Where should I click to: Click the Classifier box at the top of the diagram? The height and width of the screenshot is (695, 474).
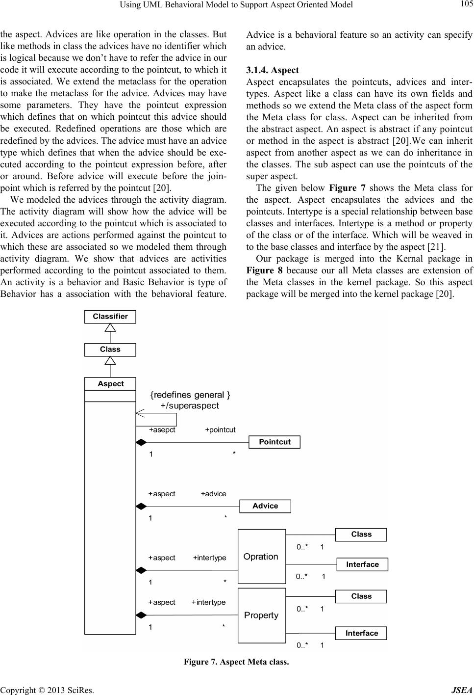[x=110, y=317]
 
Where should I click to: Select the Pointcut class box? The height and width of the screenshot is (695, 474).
[x=274, y=442]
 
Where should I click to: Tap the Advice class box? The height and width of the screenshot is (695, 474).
[x=265, y=506]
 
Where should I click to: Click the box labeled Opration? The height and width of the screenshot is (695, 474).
[x=261, y=556]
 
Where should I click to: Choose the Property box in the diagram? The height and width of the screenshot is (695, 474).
[x=261, y=615]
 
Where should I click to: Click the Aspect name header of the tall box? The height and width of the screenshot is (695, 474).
[x=110, y=384]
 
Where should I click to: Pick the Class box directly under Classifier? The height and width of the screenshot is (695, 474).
[x=110, y=349]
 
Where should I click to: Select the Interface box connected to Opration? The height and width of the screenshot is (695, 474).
[x=362, y=564]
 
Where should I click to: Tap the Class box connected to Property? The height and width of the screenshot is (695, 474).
[x=361, y=596]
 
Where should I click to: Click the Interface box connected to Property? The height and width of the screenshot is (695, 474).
[x=361, y=633]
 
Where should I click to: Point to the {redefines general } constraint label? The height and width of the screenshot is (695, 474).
[x=190, y=395]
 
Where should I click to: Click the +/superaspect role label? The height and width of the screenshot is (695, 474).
[x=190, y=405]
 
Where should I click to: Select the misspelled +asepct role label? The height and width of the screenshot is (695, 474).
[x=162, y=429]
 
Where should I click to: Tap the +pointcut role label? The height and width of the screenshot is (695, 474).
[x=220, y=429]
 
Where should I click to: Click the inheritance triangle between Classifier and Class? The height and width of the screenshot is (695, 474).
[x=110, y=328]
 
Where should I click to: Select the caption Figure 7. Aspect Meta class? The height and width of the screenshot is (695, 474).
[x=236, y=662]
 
